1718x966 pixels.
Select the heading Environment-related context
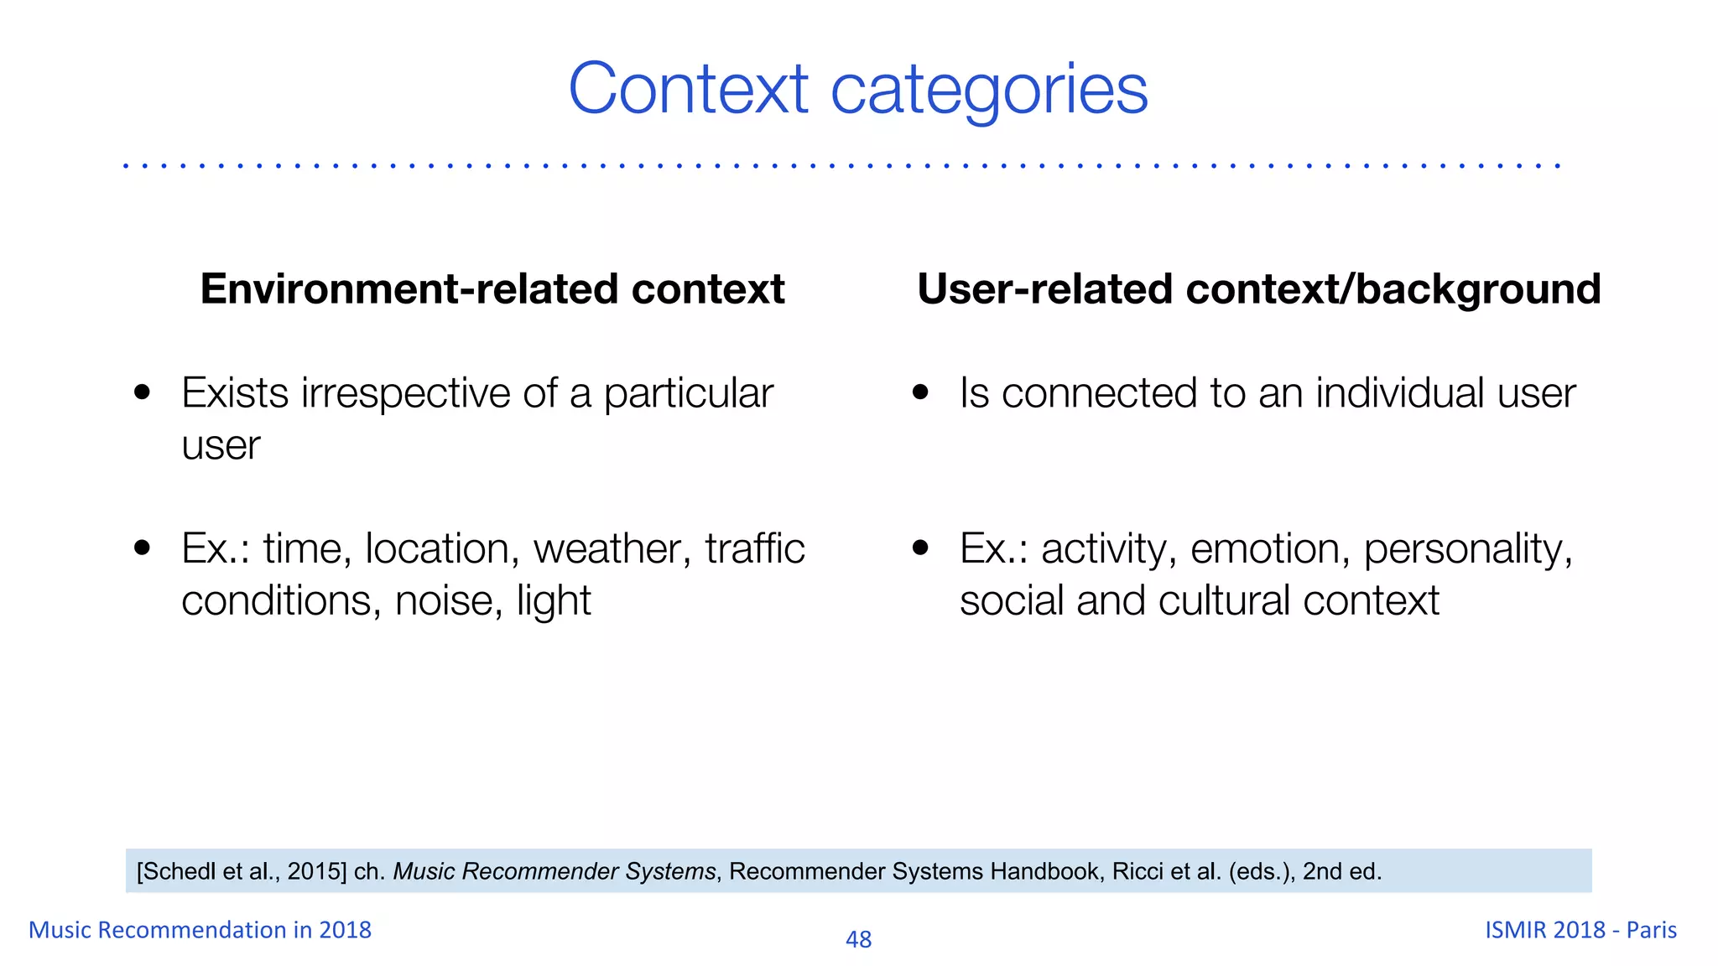tap(492, 289)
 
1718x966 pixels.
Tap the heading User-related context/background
tap(1258, 289)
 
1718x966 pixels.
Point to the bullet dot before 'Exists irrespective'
tap(143, 392)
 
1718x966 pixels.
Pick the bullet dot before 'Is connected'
tap(921, 392)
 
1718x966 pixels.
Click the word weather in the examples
tap(612, 549)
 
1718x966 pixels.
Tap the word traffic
tap(754, 549)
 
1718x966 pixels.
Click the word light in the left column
tap(553, 601)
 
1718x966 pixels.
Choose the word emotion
tap(1269, 549)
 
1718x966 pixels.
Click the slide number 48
tap(858, 939)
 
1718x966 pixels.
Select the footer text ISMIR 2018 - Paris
tap(1580, 930)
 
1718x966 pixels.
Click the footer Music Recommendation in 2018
tap(200, 930)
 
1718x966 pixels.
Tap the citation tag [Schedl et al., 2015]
tap(242, 872)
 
